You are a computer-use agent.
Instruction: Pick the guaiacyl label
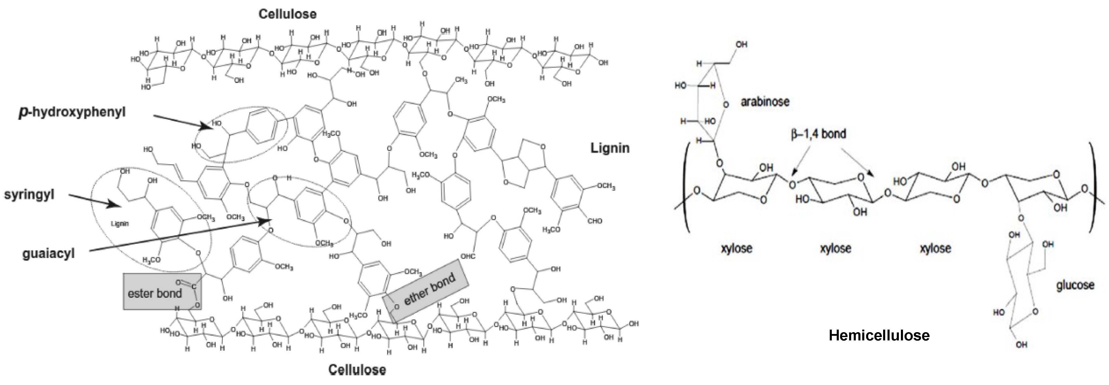[x=49, y=253]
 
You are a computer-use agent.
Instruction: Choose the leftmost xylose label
[x=737, y=248]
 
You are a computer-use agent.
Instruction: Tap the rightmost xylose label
[x=935, y=248]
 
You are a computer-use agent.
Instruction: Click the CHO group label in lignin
[x=595, y=221]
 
